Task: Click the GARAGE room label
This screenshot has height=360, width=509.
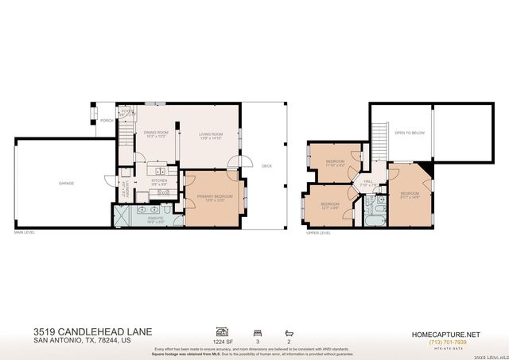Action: coord(66,184)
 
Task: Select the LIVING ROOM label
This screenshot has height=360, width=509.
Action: coord(211,135)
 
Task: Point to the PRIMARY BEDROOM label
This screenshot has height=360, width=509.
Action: coord(215,195)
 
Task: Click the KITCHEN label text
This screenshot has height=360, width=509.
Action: coord(159,181)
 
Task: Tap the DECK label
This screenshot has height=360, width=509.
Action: coord(266,166)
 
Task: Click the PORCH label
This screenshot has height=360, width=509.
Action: coord(105,122)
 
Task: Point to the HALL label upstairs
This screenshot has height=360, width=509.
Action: coord(368,181)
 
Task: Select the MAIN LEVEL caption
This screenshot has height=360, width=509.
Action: coord(25,232)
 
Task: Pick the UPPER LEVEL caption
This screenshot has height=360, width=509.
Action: coord(318,233)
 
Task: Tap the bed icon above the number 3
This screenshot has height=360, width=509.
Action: coord(256,331)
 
